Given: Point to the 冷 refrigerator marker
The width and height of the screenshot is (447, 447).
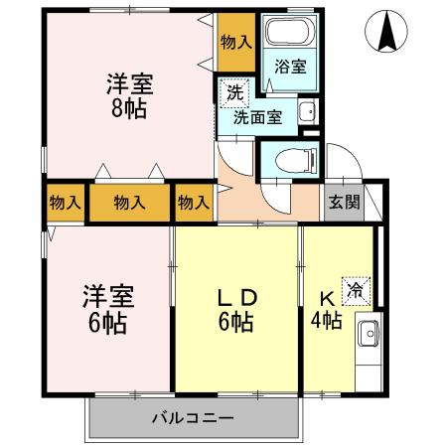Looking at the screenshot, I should (355, 289).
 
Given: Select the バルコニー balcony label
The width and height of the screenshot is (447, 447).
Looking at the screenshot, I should (193, 417).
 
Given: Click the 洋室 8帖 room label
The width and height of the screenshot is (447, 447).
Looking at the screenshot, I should (128, 95).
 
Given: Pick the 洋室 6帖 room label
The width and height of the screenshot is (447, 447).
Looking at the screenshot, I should (107, 308).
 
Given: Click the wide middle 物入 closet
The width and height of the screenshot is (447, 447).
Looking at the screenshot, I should (130, 203).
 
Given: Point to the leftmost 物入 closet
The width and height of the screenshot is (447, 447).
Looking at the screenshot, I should (65, 203).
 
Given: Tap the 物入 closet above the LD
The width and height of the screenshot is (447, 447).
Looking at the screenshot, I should (194, 203).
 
